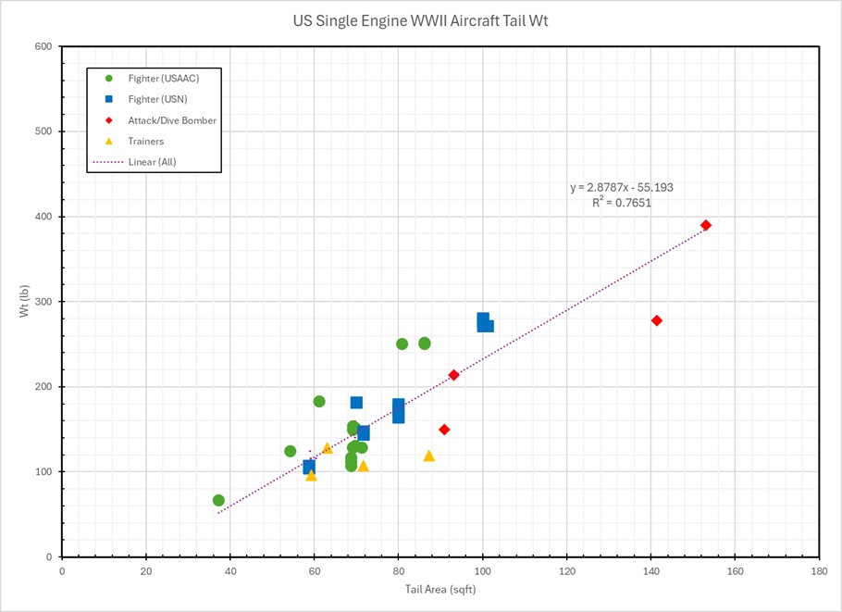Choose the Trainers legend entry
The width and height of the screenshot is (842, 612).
pyautogui.click(x=146, y=141)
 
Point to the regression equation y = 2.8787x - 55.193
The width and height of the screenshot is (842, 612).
pyautogui.click(x=621, y=187)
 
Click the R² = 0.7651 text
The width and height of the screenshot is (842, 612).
pyautogui.click(x=622, y=202)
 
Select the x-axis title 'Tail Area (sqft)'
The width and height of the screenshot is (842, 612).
pyautogui.click(x=440, y=589)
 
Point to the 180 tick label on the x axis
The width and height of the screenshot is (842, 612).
pyautogui.click(x=819, y=571)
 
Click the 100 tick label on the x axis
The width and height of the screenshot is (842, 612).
pyautogui.click(x=482, y=571)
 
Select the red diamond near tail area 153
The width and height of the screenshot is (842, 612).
pyautogui.click(x=706, y=225)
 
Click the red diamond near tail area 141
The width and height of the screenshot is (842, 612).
pyautogui.click(x=657, y=320)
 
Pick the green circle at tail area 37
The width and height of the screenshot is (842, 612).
pyautogui.click(x=218, y=500)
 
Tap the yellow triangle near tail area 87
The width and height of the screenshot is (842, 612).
pyautogui.click(x=428, y=456)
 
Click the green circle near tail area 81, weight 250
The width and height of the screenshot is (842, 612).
pyautogui.click(x=402, y=343)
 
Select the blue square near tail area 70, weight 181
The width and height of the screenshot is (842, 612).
pyautogui.click(x=356, y=403)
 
